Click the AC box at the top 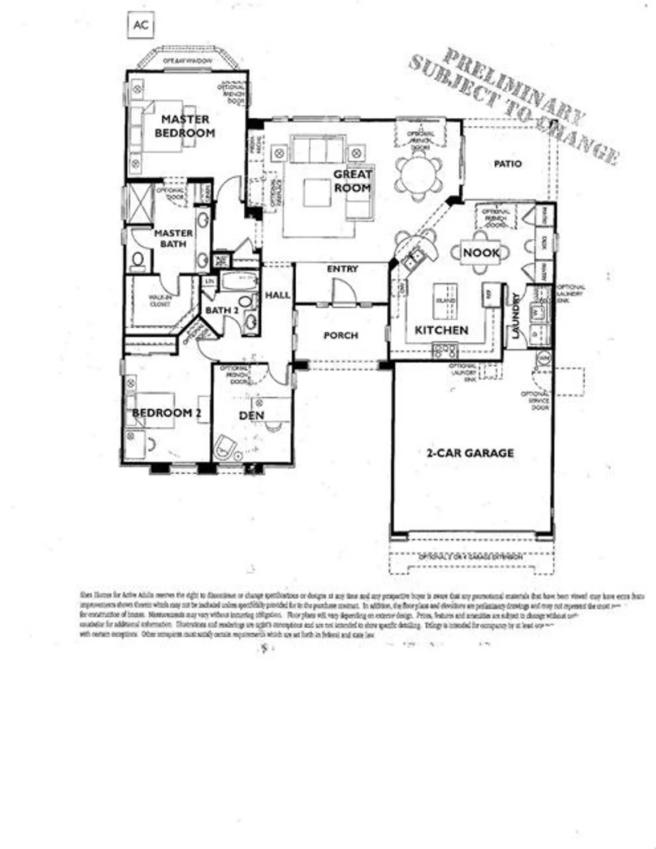141,25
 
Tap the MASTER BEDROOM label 185,126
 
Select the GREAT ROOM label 352,181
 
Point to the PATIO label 507,164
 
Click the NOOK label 481,253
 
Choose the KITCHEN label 441,330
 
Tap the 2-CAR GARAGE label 470,453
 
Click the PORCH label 340,336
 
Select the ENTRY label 342,269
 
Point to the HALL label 278,295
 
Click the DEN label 252,415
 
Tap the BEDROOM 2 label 166,413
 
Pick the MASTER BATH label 174,238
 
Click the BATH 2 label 222,310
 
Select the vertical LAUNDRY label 516,316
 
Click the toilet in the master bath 137,260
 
